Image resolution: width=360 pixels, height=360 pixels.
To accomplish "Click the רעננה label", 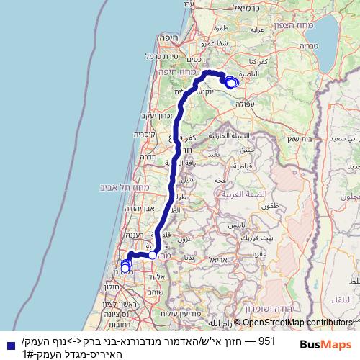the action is click(x=135, y=235).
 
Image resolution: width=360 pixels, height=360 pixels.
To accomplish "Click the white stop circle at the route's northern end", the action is click(x=230, y=83).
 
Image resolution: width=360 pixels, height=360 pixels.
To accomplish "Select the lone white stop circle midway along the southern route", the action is click(x=153, y=255).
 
